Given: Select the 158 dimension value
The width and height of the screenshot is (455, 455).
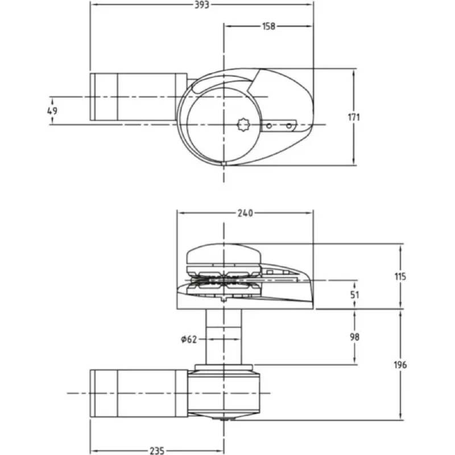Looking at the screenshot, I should pyautogui.click(x=269, y=26).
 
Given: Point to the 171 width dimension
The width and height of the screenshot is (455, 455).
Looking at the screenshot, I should pyautogui.click(x=354, y=117).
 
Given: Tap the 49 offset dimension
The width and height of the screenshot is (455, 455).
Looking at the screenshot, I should pyautogui.click(x=52, y=110).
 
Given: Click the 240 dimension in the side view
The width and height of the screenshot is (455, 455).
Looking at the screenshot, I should pyautogui.click(x=245, y=213).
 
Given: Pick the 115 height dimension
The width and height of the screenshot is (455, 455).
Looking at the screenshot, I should pyautogui.click(x=400, y=277).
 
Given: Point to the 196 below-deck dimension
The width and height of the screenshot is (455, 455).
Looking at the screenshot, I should pyautogui.click(x=400, y=365).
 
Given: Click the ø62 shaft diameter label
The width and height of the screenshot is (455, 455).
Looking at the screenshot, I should pyautogui.click(x=188, y=340).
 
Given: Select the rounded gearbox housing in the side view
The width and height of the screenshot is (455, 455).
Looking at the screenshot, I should pyautogui.click(x=225, y=393).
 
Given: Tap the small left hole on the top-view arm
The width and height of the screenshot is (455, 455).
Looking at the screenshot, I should pyautogui.click(x=269, y=124).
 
